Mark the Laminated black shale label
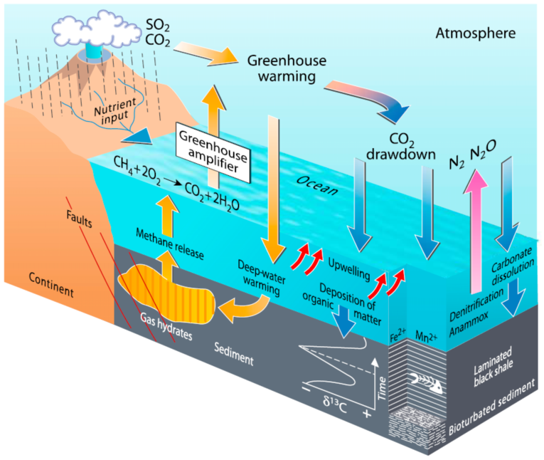coord(493,369)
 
